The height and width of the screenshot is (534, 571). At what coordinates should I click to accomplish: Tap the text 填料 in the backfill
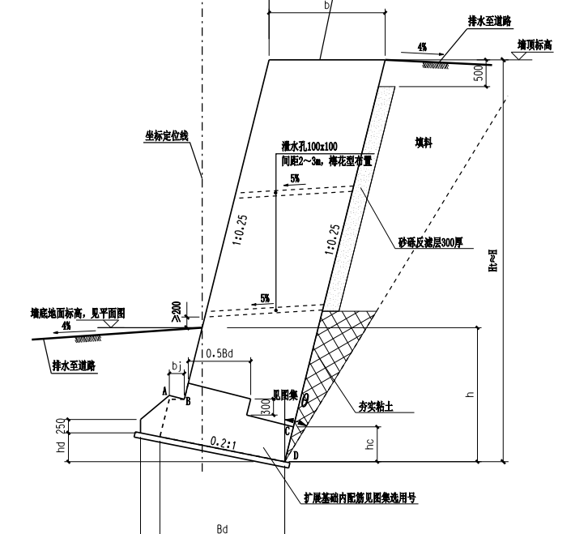point(424,143)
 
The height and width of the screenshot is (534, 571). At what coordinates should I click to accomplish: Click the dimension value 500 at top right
point(479,73)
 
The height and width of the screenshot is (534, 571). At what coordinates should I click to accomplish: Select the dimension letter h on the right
point(470,395)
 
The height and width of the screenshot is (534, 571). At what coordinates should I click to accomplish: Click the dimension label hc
point(370,444)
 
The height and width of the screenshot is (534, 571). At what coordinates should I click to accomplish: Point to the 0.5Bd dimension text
point(218,354)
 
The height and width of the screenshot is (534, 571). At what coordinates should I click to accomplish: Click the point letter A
point(164,391)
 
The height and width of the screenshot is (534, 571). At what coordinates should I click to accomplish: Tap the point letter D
point(296,457)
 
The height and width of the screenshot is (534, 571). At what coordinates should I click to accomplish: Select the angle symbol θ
point(305,399)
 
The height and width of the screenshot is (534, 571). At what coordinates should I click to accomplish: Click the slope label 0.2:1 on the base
point(224,442)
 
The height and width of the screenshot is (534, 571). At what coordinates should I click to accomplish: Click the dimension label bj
point(177,367)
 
